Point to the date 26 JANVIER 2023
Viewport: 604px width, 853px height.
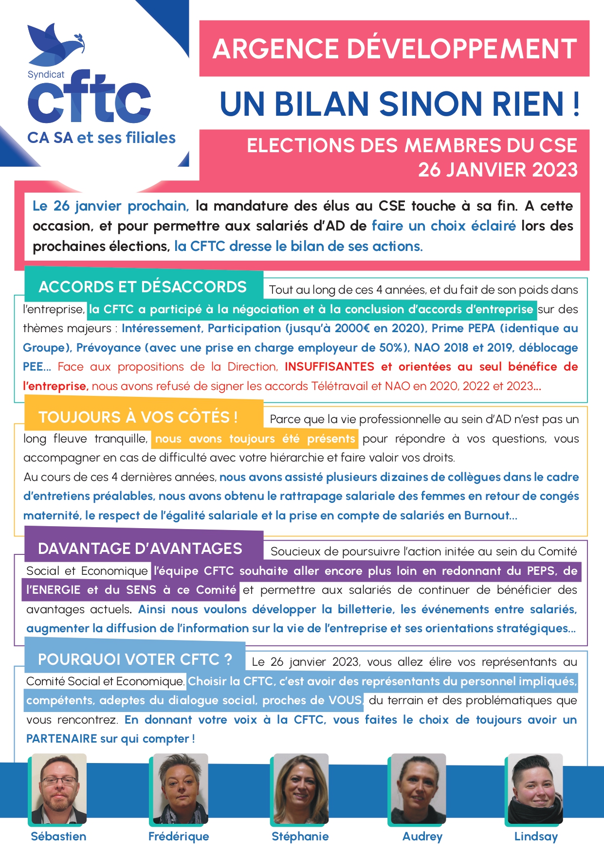[x=497, y=170]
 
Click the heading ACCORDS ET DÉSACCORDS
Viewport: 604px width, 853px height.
[x=143, y=287]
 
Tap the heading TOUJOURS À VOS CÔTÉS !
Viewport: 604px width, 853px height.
[x=138, y=417]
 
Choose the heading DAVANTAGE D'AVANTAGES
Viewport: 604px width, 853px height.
[x=140, y=549]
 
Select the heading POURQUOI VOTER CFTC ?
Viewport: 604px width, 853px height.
[x=135, y=659]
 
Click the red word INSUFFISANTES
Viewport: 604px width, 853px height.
[x=329, y=367]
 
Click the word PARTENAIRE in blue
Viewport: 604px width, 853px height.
[x=61, y=739]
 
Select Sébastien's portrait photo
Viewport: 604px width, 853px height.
[x=58, y=788]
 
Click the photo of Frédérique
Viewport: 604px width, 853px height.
[x=180, y=788]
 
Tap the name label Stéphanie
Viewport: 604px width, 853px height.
[x=300, y=836]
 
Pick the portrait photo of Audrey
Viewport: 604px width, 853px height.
[x=418, y=788]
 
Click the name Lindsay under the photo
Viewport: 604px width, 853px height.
[x=536, y=836]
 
